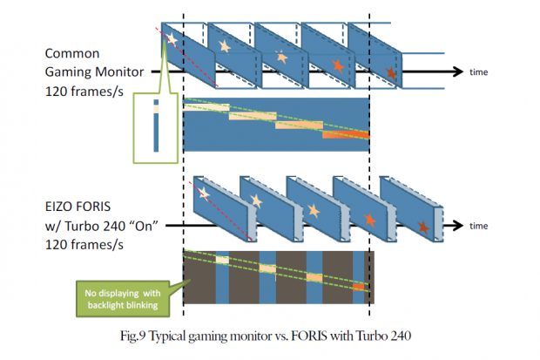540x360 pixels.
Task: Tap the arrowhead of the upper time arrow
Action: coord(457,71)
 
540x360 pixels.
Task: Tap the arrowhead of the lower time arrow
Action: coord(457,226)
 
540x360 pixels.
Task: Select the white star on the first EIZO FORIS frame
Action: coord(204,193)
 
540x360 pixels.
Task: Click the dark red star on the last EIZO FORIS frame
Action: coord(422,228)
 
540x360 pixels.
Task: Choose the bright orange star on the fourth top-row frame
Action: coord(337,65)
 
